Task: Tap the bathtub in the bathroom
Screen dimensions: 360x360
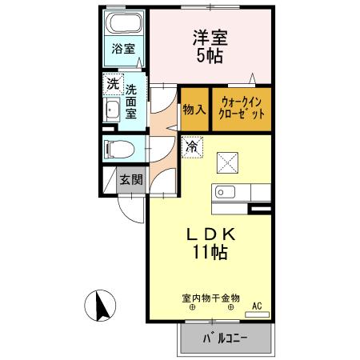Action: pos(124,24)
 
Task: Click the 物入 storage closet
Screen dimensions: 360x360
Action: pos(194,107)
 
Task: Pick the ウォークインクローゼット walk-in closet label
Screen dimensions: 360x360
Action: pos(241,108)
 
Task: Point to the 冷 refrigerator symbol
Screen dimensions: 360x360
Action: pos(193,147)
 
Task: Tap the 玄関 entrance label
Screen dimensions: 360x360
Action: pos(130,180)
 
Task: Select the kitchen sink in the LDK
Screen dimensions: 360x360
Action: pos(222,193)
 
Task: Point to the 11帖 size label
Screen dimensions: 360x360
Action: pos(210,254)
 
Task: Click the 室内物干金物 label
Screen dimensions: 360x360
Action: pos(210,298)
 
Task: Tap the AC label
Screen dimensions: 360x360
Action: pos(257,306)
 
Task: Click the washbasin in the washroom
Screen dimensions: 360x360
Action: pos(111,110)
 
